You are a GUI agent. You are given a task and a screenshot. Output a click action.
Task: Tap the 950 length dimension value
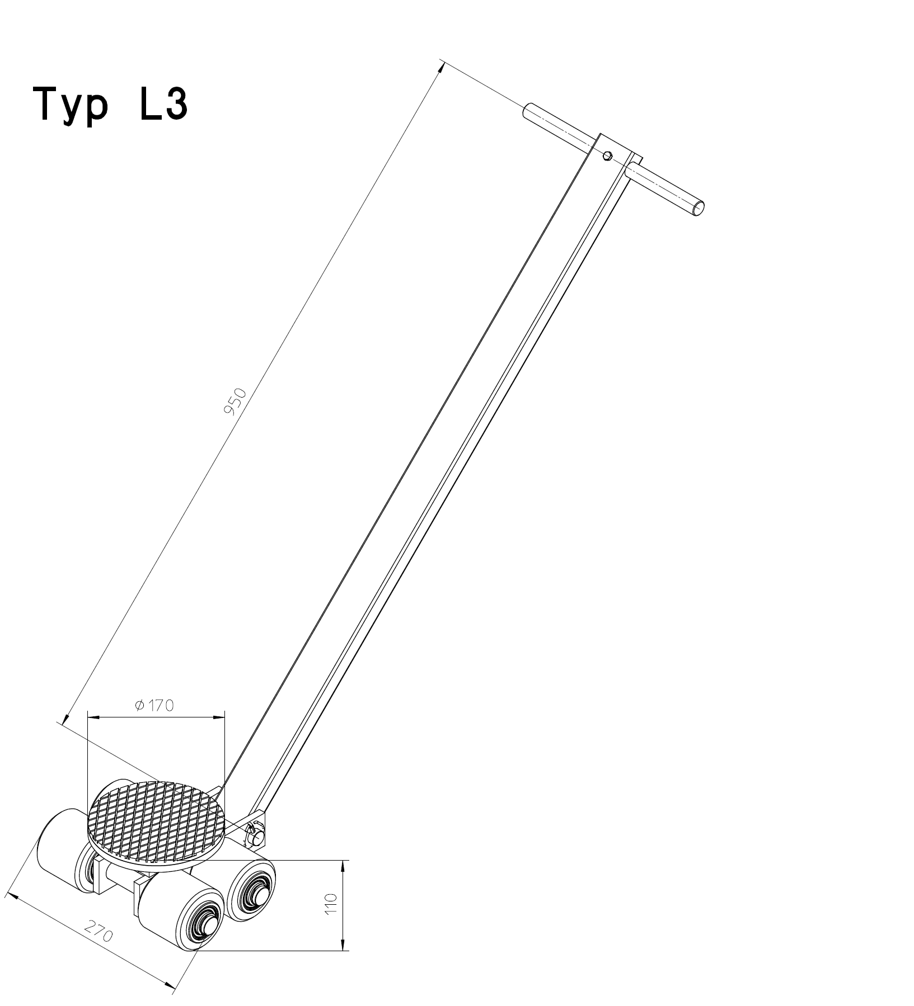pos(235,402)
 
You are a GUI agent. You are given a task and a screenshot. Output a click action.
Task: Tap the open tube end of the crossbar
pos(698,209)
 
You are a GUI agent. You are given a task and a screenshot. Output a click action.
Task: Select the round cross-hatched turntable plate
pos(157,821)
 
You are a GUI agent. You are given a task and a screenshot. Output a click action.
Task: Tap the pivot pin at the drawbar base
pos(256,837)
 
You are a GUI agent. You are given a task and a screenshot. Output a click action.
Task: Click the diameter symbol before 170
pos(140,706)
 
